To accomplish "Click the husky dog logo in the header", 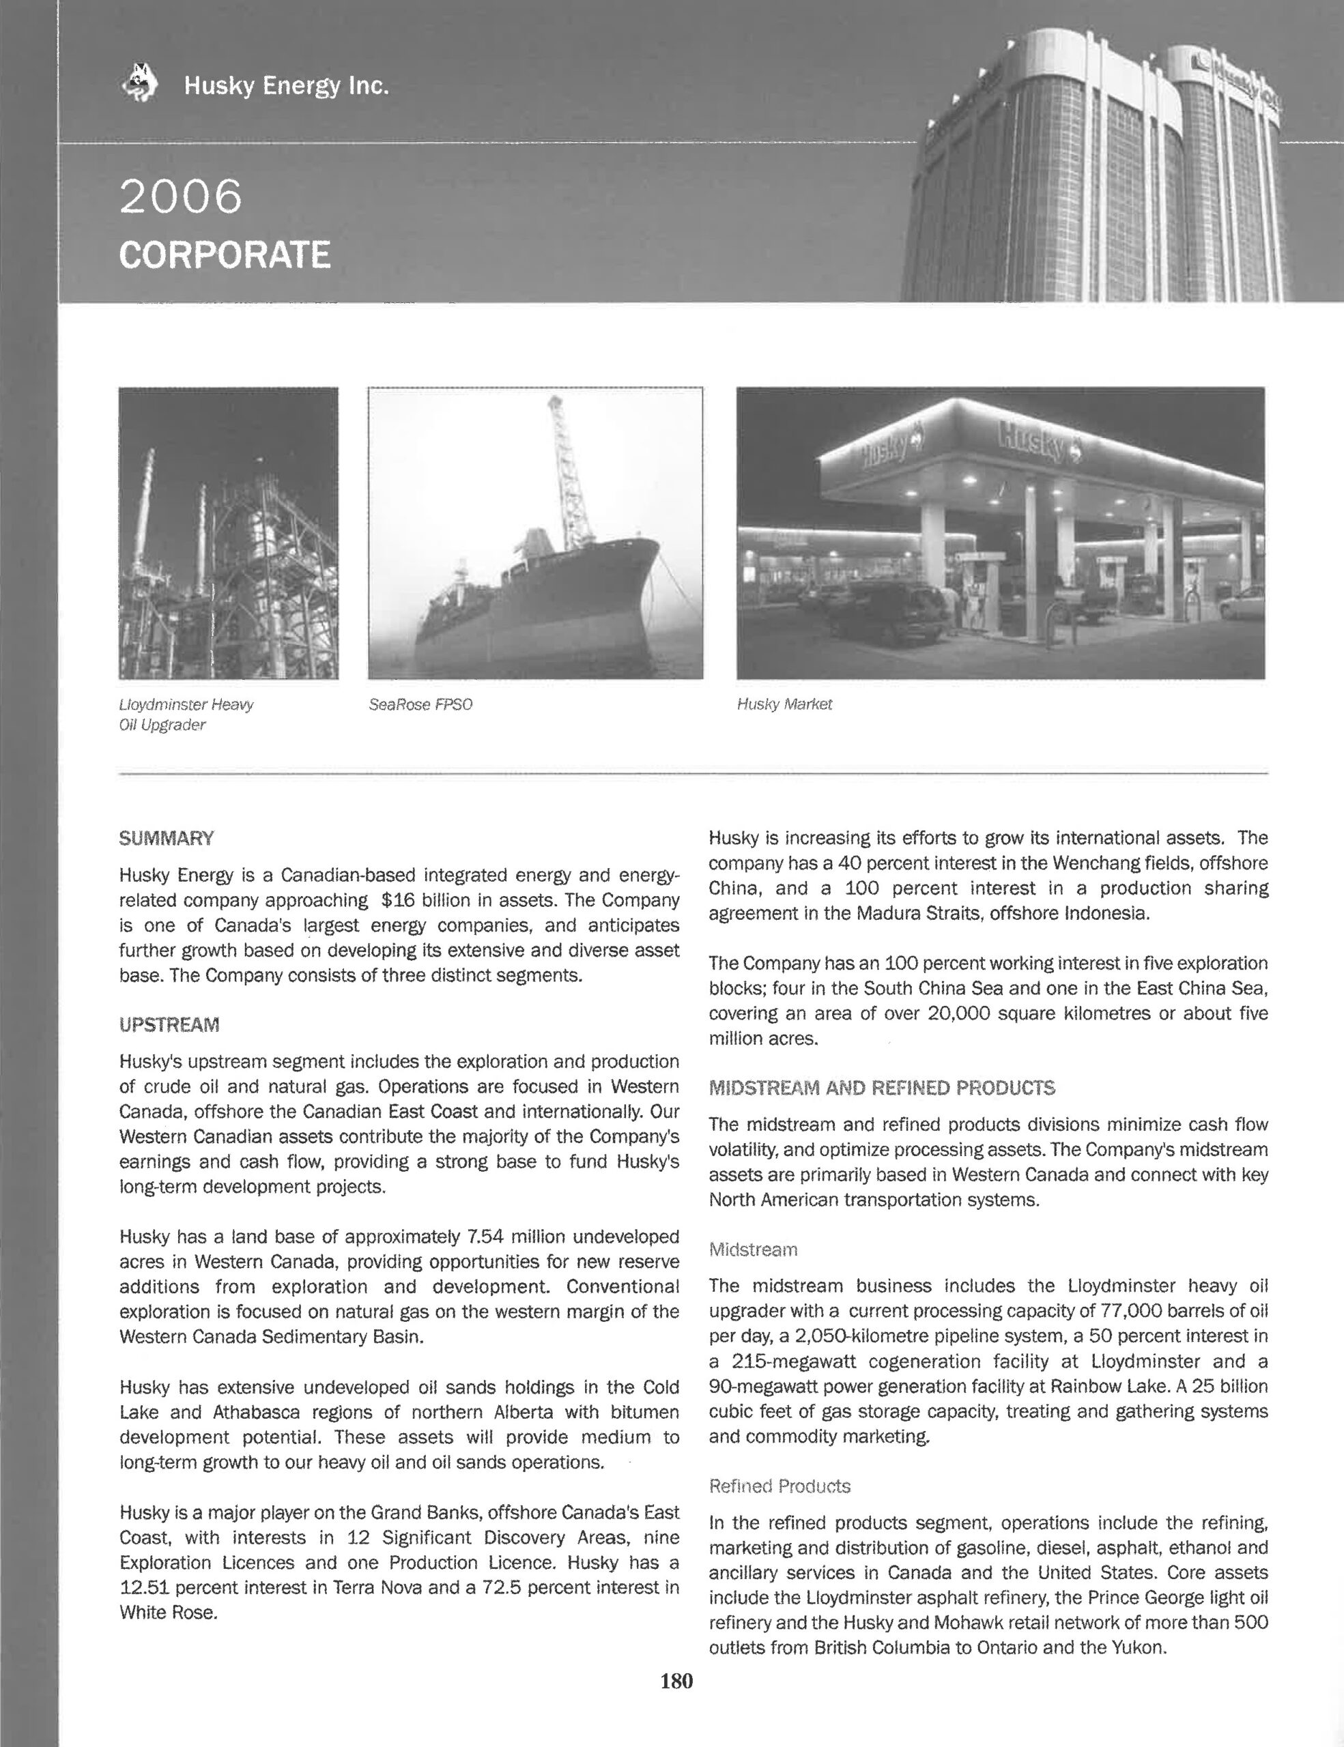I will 140,83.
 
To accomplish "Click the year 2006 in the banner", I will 180,196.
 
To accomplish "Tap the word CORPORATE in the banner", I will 224,255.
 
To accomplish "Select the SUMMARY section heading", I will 167,838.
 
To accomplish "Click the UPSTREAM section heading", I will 169,1025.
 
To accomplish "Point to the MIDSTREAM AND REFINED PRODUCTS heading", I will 882,1088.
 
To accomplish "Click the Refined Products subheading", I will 780,1486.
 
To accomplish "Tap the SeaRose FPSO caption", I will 420,705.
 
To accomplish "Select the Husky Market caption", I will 784,705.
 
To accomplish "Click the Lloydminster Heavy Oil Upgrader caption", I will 186,714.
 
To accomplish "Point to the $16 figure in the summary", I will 397,900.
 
